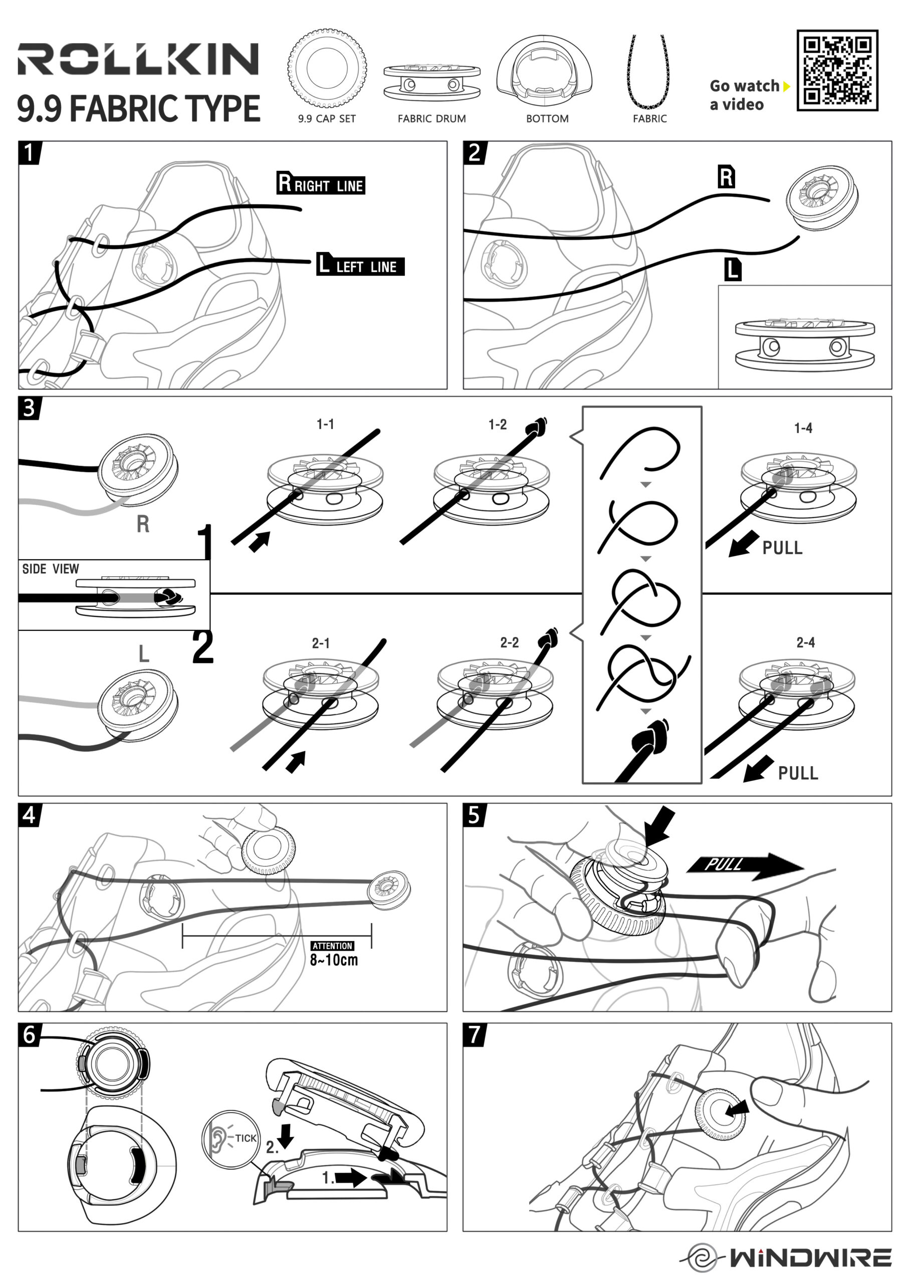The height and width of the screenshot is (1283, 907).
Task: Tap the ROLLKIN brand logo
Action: point(138,59)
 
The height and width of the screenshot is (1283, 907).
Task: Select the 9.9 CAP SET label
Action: point(327,118)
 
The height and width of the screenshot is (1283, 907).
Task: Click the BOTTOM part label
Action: point(547,118)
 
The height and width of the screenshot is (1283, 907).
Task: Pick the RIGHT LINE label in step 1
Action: point(321,184)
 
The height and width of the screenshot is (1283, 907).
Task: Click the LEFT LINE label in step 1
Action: point(360,265)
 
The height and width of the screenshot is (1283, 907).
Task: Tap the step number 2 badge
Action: point(475,152)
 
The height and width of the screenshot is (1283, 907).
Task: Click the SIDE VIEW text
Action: point(51,569)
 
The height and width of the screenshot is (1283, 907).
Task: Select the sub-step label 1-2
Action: point(498,424)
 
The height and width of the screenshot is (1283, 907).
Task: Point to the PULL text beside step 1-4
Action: point(782,548)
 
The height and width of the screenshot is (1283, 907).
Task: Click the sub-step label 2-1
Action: point(321,643)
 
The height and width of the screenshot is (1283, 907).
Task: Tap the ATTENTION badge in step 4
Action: point(333,946)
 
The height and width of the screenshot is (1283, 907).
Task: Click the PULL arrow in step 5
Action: point(745,865)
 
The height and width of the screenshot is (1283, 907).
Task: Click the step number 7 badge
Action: point(475,1034)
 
